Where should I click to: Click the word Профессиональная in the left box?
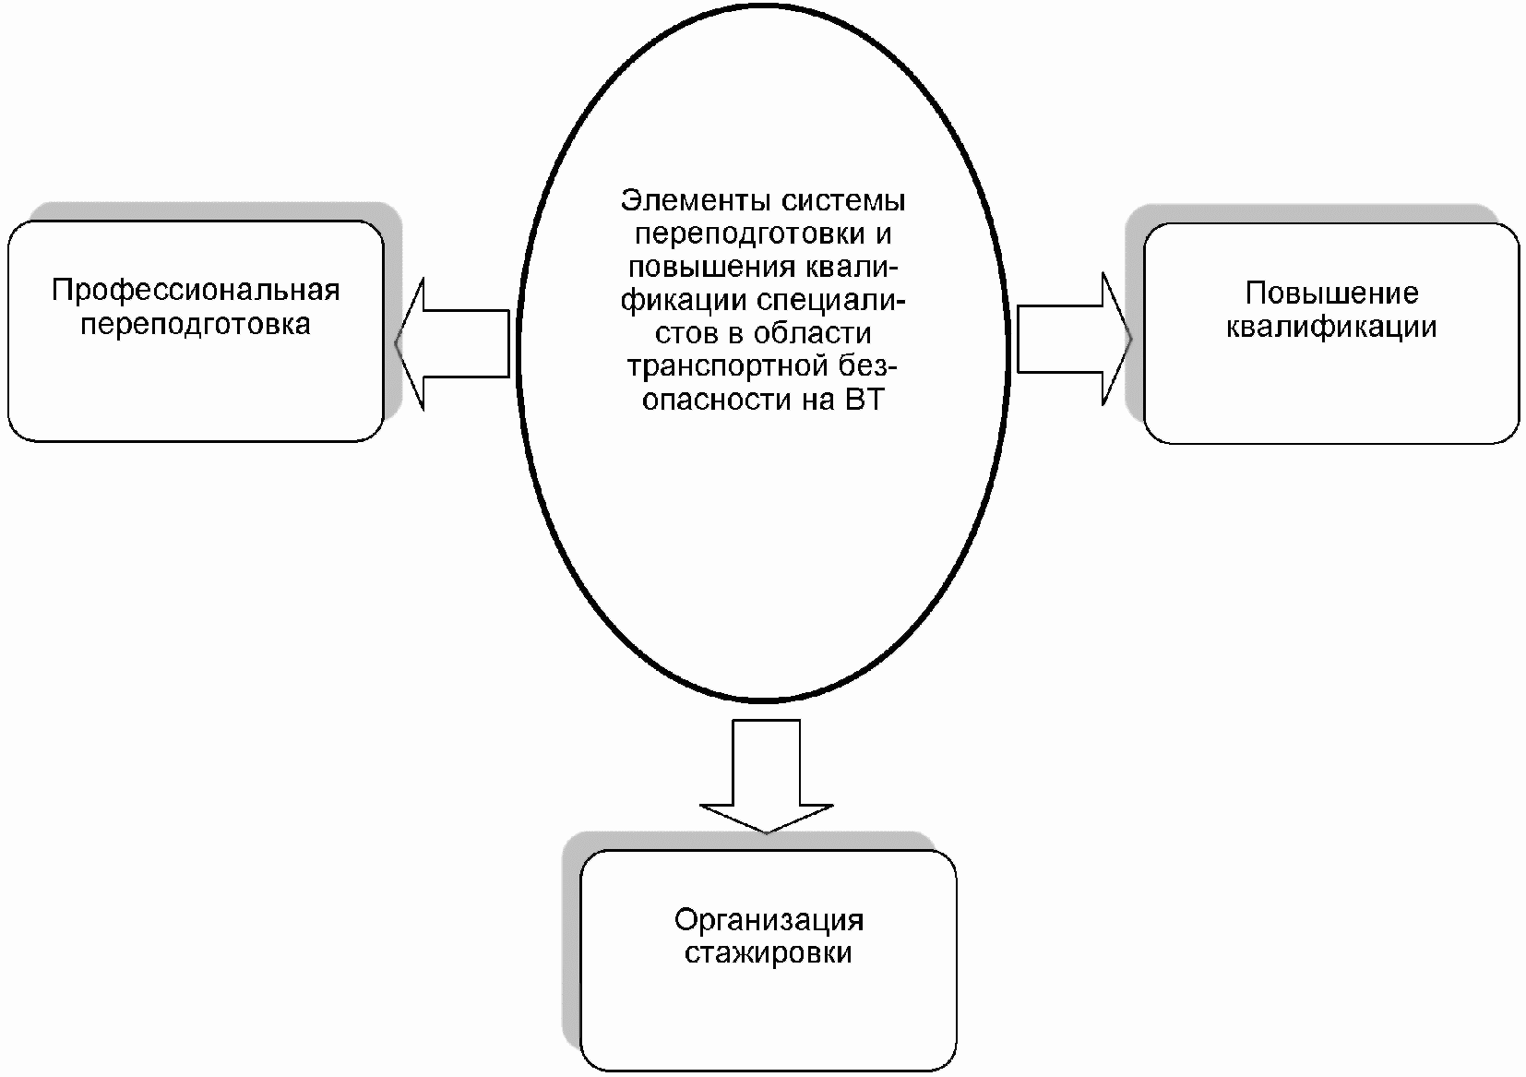(196, 291)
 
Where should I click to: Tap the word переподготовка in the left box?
(195, 325)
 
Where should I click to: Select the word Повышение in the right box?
(1330, 293)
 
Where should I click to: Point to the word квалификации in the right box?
(1330, 328)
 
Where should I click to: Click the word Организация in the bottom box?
(769, 920)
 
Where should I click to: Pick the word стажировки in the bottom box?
(768, 952)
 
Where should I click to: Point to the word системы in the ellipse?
(841, 200)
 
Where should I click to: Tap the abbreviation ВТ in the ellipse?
(863, 401)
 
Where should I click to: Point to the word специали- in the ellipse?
(831, 301)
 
